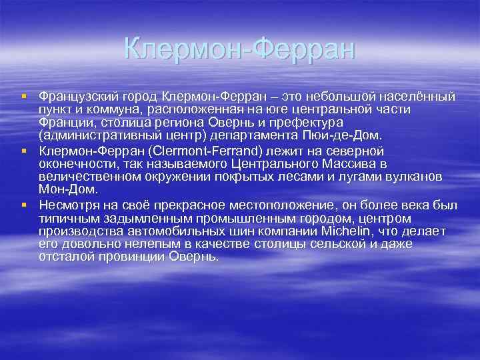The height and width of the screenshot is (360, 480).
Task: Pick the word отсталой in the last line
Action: [x=67, y=257]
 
